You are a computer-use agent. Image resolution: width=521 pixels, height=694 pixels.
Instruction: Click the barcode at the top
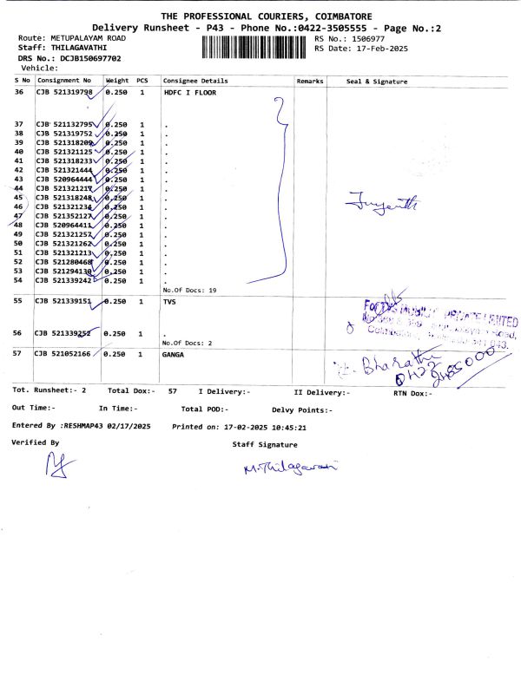256,46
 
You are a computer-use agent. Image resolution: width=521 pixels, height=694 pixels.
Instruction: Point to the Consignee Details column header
195,81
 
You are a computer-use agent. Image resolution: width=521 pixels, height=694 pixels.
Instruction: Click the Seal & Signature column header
377,81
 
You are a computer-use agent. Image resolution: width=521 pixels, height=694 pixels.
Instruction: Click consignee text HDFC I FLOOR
189,92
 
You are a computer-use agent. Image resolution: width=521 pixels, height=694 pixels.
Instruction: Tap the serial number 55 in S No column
19,300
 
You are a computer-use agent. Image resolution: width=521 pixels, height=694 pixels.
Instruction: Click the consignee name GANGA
174,355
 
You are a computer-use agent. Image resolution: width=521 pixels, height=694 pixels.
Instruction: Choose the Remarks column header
310,81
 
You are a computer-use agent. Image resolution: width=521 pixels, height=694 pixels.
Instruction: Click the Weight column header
117,81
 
